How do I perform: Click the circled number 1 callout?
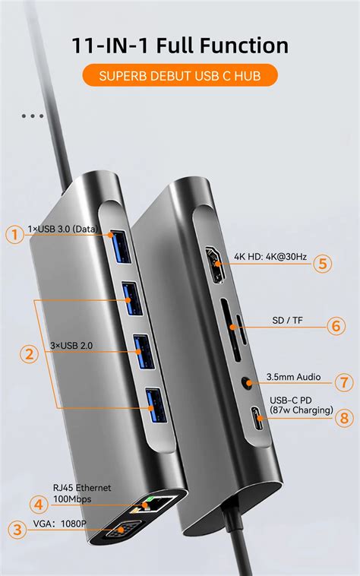14,235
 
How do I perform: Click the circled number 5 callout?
324,264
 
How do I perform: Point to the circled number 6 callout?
337,325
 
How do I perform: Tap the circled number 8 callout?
345,416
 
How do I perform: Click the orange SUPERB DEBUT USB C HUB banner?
180,76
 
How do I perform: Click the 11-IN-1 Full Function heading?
180,45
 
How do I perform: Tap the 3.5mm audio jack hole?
245,385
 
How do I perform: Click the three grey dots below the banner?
33,116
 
